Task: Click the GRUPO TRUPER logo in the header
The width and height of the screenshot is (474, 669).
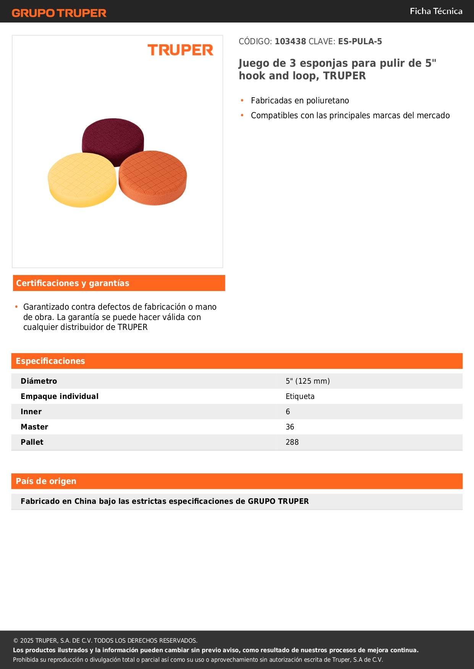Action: [59, 13]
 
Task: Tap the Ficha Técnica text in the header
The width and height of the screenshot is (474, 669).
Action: [436, 11]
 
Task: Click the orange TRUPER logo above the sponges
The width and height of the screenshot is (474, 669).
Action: [180, 50]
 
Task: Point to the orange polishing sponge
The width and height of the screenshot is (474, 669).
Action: [153, 177]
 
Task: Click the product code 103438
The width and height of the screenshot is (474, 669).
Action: [290, 42]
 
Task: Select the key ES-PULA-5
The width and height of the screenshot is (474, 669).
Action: [360, 42]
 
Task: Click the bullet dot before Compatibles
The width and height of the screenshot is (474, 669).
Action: [242, 115]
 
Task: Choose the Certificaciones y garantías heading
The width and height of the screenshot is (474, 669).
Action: [73, 283]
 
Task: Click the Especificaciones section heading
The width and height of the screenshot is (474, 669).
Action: [50, 361]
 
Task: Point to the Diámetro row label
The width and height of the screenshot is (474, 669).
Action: [39, 381]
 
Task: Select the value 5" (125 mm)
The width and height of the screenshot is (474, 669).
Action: [307, 381]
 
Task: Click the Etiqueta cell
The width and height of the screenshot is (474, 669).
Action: [300, 396]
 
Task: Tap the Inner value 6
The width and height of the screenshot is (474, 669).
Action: [288, 412]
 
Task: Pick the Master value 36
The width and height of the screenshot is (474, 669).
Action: [290, 427]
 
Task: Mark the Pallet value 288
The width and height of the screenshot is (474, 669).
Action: [292, 442]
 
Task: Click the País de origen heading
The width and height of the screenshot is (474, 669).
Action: [46, 481]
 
